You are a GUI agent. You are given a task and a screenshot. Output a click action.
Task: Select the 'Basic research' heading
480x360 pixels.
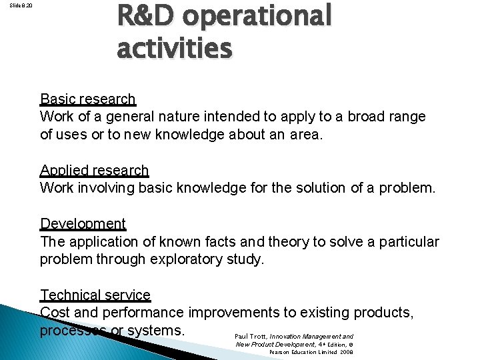coord(87,99)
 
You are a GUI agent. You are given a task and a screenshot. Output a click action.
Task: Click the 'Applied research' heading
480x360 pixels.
coord(94,171)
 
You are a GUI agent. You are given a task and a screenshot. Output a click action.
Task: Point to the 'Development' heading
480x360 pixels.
coord(83,223)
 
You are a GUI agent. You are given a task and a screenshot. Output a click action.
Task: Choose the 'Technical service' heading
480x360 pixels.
coord(95,295)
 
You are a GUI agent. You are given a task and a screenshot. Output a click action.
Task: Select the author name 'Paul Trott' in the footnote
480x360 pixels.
coord(251,337)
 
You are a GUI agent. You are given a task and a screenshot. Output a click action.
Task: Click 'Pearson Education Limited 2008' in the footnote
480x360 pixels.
coord(311,351)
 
